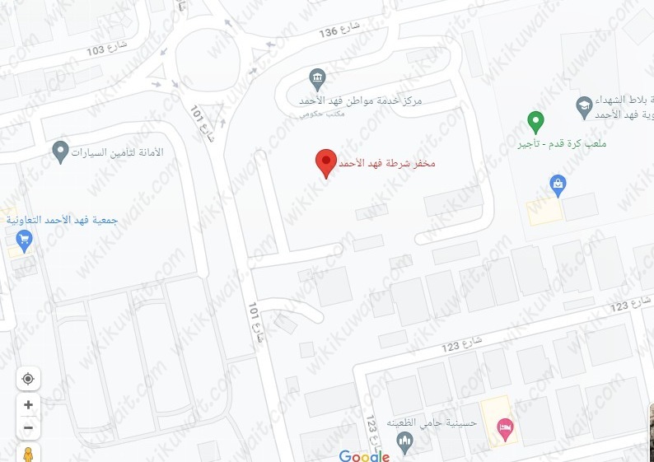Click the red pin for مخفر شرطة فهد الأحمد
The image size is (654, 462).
pos(326,163)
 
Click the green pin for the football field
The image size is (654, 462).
pos(535,124)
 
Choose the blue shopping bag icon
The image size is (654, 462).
pos(558,182)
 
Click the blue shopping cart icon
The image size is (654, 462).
pos(24,240)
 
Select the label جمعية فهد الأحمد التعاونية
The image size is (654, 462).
pos(62,221)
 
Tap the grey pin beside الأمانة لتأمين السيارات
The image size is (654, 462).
pos(59,152)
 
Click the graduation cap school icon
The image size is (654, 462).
pos(582,105)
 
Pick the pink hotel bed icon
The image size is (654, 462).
pos(504,427)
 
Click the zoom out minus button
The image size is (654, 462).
pos(28,427)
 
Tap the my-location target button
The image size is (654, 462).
pos(28,378)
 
